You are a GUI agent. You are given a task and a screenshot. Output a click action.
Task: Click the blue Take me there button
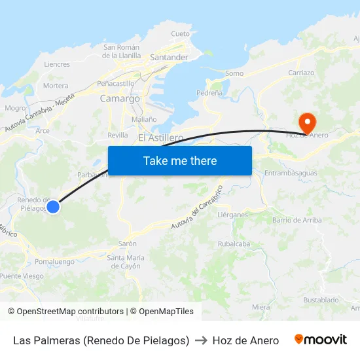(180, 160)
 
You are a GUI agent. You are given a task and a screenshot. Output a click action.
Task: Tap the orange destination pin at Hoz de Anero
(306, 122)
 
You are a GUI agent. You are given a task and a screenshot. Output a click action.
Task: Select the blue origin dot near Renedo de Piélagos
(53, 207)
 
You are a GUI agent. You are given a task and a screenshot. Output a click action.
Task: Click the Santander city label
(169, 58)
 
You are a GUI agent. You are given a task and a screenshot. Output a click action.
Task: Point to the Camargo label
(120, 99)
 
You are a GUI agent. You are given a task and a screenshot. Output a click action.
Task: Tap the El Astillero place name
(160, 138)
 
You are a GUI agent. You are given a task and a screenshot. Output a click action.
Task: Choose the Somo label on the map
(234, 74)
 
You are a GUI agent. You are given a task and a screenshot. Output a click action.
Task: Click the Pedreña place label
(209, 94)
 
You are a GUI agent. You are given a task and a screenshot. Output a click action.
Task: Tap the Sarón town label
(127, 243)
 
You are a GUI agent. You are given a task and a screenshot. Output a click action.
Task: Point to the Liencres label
(56, 65)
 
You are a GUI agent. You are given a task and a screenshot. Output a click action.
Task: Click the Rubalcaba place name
(234, 244)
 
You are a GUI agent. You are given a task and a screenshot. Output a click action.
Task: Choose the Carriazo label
(301, 73)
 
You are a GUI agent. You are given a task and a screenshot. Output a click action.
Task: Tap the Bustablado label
(321, 300)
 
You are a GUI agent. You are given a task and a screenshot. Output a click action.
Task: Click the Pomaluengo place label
(54, 262)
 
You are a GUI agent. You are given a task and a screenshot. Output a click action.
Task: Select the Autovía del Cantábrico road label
(196, 208)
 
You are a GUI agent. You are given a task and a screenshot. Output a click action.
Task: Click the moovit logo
(321, 340)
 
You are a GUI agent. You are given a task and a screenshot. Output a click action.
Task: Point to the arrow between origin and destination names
(201, 340)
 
